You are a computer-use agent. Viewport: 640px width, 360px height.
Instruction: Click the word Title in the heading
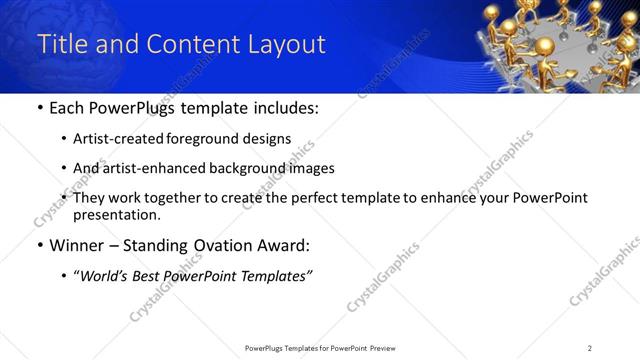61,44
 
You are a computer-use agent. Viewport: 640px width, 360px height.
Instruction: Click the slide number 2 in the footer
590,348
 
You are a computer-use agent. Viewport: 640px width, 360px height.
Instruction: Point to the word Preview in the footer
388,348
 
